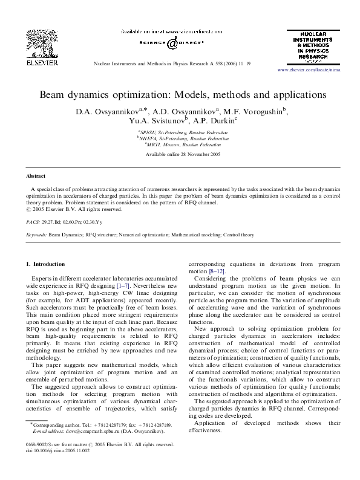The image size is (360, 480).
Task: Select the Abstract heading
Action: pos(35,176)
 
